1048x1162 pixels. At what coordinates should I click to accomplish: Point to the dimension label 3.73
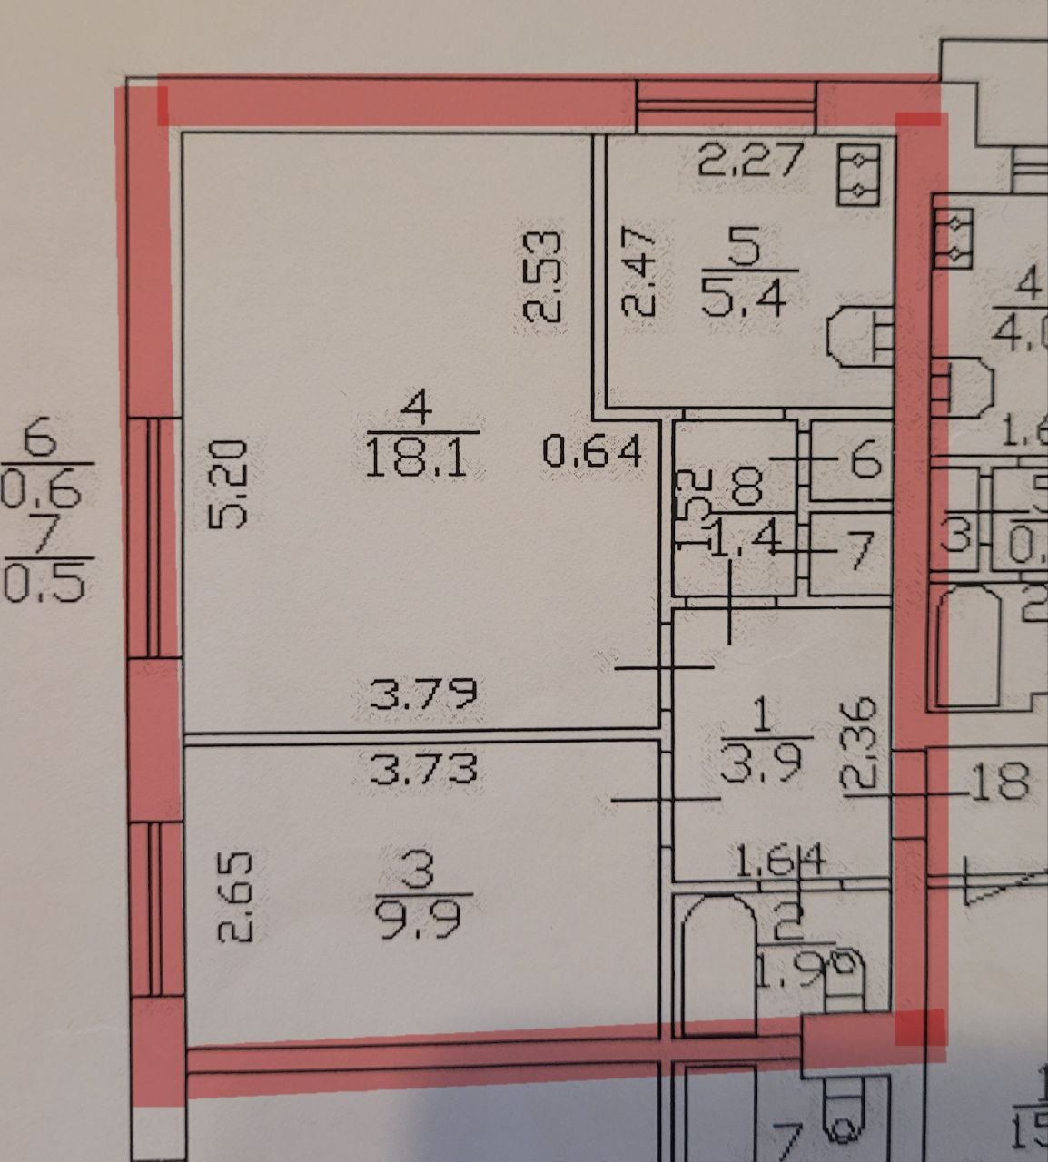pos(423,770)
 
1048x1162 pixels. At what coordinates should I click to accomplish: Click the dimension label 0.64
pos(593,450)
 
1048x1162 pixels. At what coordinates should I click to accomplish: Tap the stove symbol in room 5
pos(858,175)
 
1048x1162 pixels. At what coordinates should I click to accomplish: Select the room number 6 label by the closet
pos(865,459)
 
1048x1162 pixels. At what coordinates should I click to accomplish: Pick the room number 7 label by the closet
pos(859,549)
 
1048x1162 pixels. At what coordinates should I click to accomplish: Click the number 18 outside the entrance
pos(1002,782)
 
